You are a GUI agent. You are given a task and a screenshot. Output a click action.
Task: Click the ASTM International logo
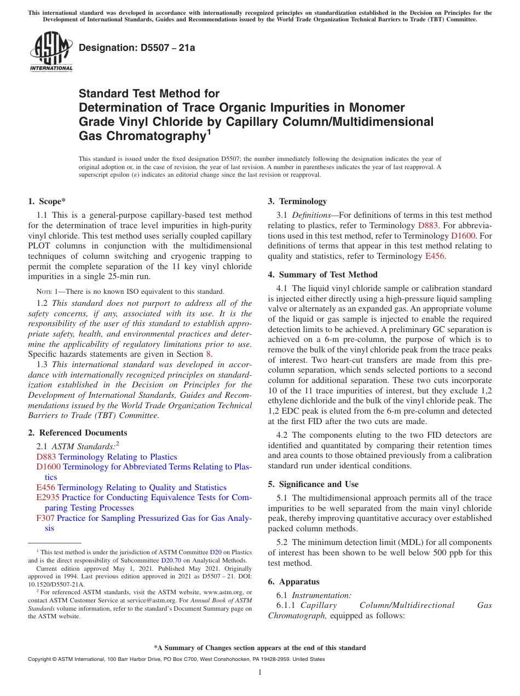[x=51, y=52]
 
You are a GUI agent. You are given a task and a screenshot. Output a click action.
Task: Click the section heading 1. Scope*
[x=47, y=201]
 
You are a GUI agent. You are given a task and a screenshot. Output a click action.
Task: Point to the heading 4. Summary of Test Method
[x=322, y=275]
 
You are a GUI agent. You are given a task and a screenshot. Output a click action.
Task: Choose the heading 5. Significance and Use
[x=313, y=484]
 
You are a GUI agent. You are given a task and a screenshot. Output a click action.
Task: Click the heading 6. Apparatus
[x=293, y=582]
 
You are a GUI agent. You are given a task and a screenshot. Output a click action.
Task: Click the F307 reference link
[x=45, y=518]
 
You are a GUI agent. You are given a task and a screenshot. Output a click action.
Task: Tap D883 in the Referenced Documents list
[x=46, y=457]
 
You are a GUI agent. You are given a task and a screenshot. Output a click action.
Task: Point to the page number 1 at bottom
[x=260, y=672]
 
